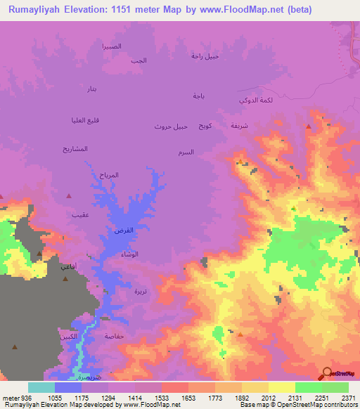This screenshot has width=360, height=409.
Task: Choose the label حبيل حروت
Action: pos(171,126)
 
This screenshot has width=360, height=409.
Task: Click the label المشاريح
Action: pos(75,149)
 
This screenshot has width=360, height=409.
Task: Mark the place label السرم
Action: pos(186,152)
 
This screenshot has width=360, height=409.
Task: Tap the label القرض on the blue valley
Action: pos(123,231)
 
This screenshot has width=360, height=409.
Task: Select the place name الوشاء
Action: pos(129,254)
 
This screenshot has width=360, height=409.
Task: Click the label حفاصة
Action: pos(115,337)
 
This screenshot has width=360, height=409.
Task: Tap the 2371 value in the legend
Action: pos(348,397)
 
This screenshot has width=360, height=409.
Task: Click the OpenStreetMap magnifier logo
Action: pos(328,373)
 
